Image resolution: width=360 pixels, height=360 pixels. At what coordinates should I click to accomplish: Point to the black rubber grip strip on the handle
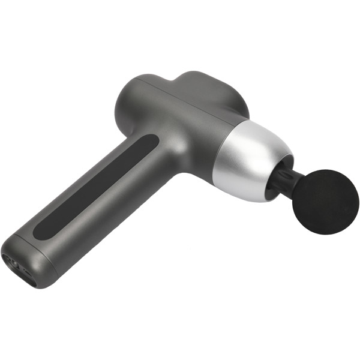click(x=96, y=185)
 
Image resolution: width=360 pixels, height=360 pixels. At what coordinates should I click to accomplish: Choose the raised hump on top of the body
click(x=210, y=90)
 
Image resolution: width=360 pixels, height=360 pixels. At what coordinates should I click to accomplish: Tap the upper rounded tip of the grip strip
click(x=150, y=142)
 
